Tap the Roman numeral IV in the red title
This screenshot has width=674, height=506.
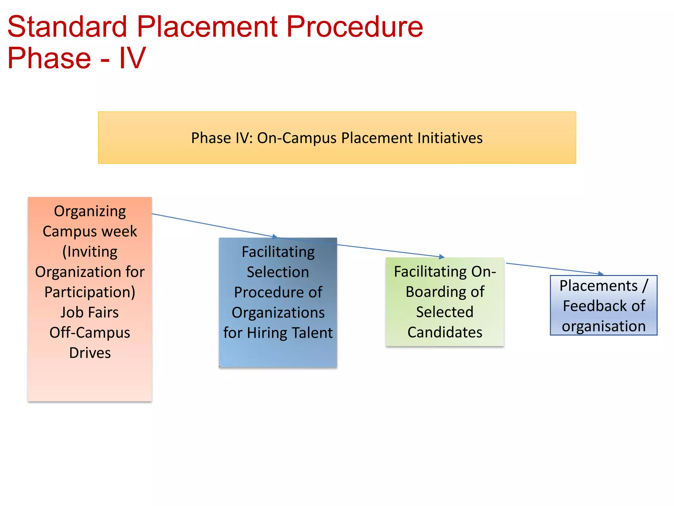pos(132,58)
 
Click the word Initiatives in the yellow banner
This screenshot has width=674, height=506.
pos(450,138)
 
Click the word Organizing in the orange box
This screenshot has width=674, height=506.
pos(90,211)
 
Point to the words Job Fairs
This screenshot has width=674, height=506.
pos(90,312)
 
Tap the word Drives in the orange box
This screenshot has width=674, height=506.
pos(90,353)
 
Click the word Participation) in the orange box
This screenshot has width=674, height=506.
pos(90,292)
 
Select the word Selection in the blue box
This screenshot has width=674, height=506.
pos(278,272)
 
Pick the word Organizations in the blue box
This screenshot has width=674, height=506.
pos(278,313)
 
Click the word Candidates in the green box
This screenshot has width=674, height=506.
pos(445,332)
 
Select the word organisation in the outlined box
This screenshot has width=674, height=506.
pos(604,326)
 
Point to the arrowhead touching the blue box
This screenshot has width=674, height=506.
pos(275,237)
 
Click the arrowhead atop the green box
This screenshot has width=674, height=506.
pos(442,257)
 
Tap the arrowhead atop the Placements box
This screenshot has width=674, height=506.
pos(601,273)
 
